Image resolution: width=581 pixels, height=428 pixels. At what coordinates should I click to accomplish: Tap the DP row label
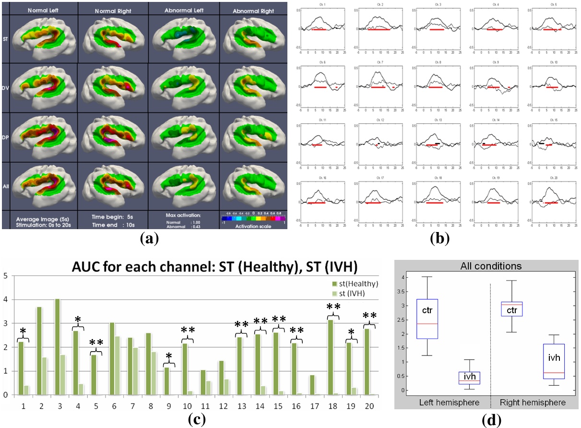[x=6, y=136]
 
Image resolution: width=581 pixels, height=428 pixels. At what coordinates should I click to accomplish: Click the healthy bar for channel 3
[x=57, y=346]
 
